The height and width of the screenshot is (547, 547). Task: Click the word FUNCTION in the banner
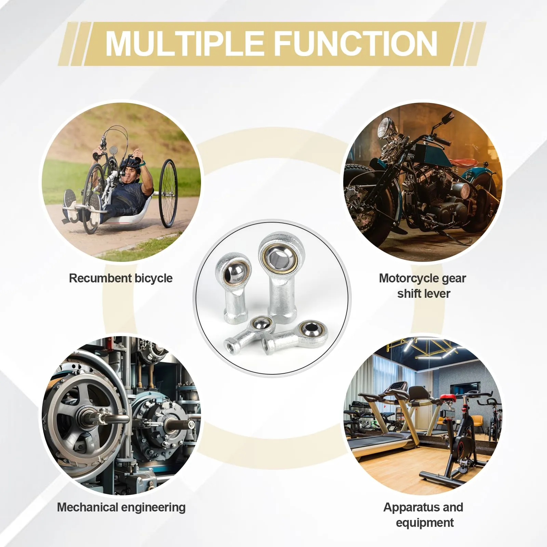(356, 43)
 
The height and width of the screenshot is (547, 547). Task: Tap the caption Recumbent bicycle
(121, 278)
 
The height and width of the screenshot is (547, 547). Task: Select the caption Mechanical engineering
(121, 507)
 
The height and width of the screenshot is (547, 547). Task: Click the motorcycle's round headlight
(384, 128)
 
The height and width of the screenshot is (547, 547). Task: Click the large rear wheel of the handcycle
(168, 193)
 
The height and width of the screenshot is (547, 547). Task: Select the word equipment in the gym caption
(425, 523)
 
